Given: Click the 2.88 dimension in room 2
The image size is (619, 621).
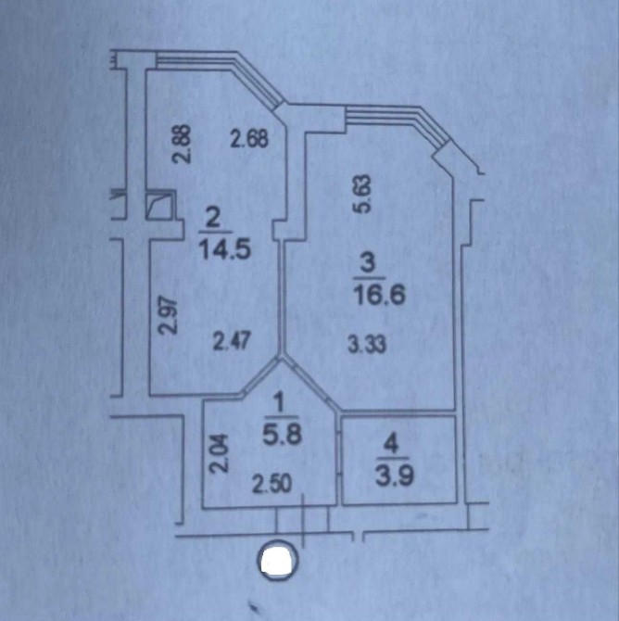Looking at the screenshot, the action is (183, 145).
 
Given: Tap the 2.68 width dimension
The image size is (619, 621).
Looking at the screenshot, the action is (250, 139).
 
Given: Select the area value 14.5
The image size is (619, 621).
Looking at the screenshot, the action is (225, 249).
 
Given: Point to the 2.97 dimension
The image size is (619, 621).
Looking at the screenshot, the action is (167, 316).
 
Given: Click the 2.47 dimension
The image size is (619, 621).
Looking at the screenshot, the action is (232, 341).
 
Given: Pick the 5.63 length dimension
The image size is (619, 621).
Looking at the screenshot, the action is (363, 194).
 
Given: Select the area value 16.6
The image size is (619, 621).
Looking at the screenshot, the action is (380, 295).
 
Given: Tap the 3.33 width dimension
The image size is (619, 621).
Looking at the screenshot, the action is (367, 344).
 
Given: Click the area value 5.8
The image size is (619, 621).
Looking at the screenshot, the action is (283, 434).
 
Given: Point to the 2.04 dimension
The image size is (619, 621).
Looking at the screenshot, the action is (219, 453).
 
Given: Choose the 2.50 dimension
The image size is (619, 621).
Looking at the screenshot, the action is (272, 484).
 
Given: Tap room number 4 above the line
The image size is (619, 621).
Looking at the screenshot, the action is (392, 444).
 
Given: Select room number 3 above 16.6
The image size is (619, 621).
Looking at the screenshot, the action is (368, 263).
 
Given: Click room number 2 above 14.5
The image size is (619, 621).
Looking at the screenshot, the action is (214, 220).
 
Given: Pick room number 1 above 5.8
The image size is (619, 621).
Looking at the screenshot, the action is (279, 403).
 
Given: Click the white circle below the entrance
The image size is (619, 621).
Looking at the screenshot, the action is (279, 560).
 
